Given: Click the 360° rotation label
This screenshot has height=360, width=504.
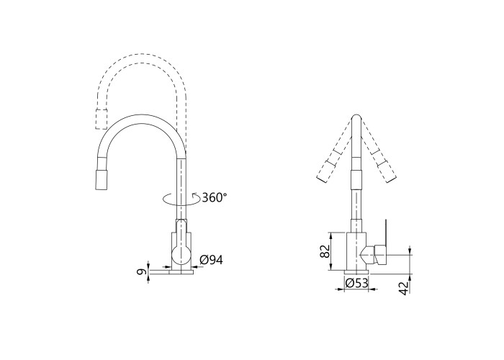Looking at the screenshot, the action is click(x=215, y=197).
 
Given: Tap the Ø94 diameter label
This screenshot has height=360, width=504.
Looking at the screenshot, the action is click(x=211, y=260).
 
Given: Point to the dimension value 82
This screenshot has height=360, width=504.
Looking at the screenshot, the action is click(x=325, y=251).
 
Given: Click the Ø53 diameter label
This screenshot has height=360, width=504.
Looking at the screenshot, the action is click(x=356, y=283).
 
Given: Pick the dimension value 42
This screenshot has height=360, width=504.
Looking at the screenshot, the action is click(x=405, y=287).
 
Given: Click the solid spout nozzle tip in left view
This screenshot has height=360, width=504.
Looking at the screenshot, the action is click(x=102, y=179).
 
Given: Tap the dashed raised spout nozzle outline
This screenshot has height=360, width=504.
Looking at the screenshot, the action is click(x=102, y=120).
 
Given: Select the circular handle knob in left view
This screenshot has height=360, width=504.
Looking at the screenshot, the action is click(x=181, y=255).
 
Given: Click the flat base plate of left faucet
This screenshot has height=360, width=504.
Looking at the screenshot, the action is click(x=171, y=272).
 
